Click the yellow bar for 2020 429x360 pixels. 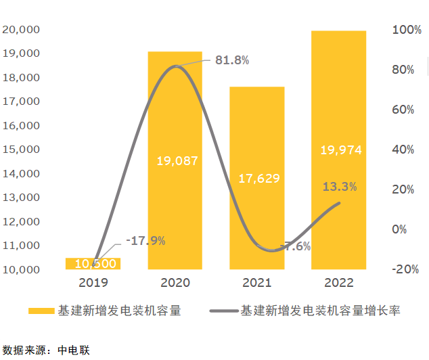point(175,203)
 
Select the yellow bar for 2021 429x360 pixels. point(256,217)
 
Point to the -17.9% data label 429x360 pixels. point(145,240)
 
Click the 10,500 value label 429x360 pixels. point(95,263)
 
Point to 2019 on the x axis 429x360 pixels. point(93,282)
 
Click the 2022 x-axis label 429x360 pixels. point(338,282)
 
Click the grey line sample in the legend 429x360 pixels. point(224,311)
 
